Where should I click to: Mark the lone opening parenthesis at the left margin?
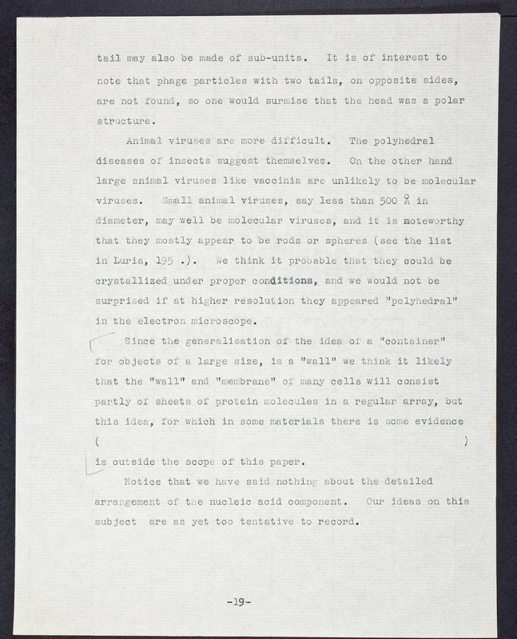pyautogui.click(x=97, y=441)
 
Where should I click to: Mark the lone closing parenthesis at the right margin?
pyautogui.click(x=466, y=441)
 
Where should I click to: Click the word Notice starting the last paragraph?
pyautogui.click(x=146, y=482)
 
